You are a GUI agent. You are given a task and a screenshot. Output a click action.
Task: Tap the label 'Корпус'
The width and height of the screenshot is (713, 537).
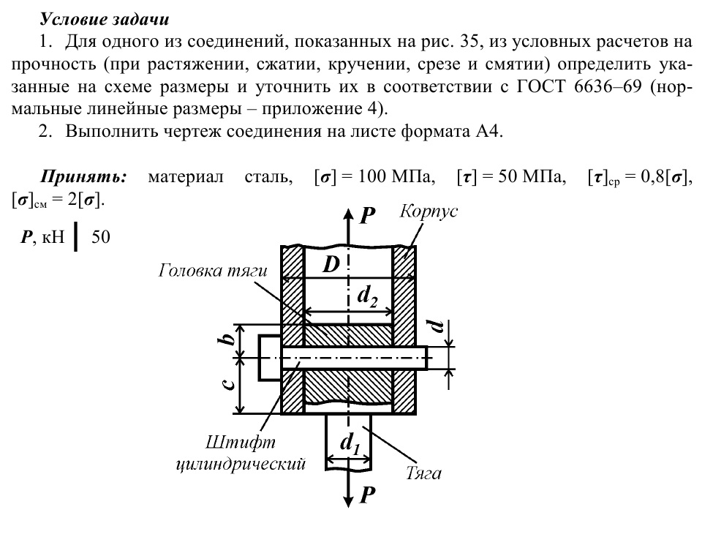(429, 211)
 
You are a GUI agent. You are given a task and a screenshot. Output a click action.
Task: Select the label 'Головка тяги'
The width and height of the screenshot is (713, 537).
(213, 271)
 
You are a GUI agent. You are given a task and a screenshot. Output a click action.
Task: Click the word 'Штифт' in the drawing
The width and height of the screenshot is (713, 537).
(230, 443)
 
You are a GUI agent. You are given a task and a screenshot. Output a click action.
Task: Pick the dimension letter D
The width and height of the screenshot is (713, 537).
(331, 265)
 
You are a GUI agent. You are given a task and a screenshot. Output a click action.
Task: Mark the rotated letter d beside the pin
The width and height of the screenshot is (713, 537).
(437, 326)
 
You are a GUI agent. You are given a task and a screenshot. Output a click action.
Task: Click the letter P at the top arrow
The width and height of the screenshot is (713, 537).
(369, 214)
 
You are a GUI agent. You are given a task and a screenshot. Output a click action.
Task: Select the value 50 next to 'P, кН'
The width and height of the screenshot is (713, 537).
(100, 237)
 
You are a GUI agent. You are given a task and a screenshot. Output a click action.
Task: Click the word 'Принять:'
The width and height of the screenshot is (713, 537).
(83, 177)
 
